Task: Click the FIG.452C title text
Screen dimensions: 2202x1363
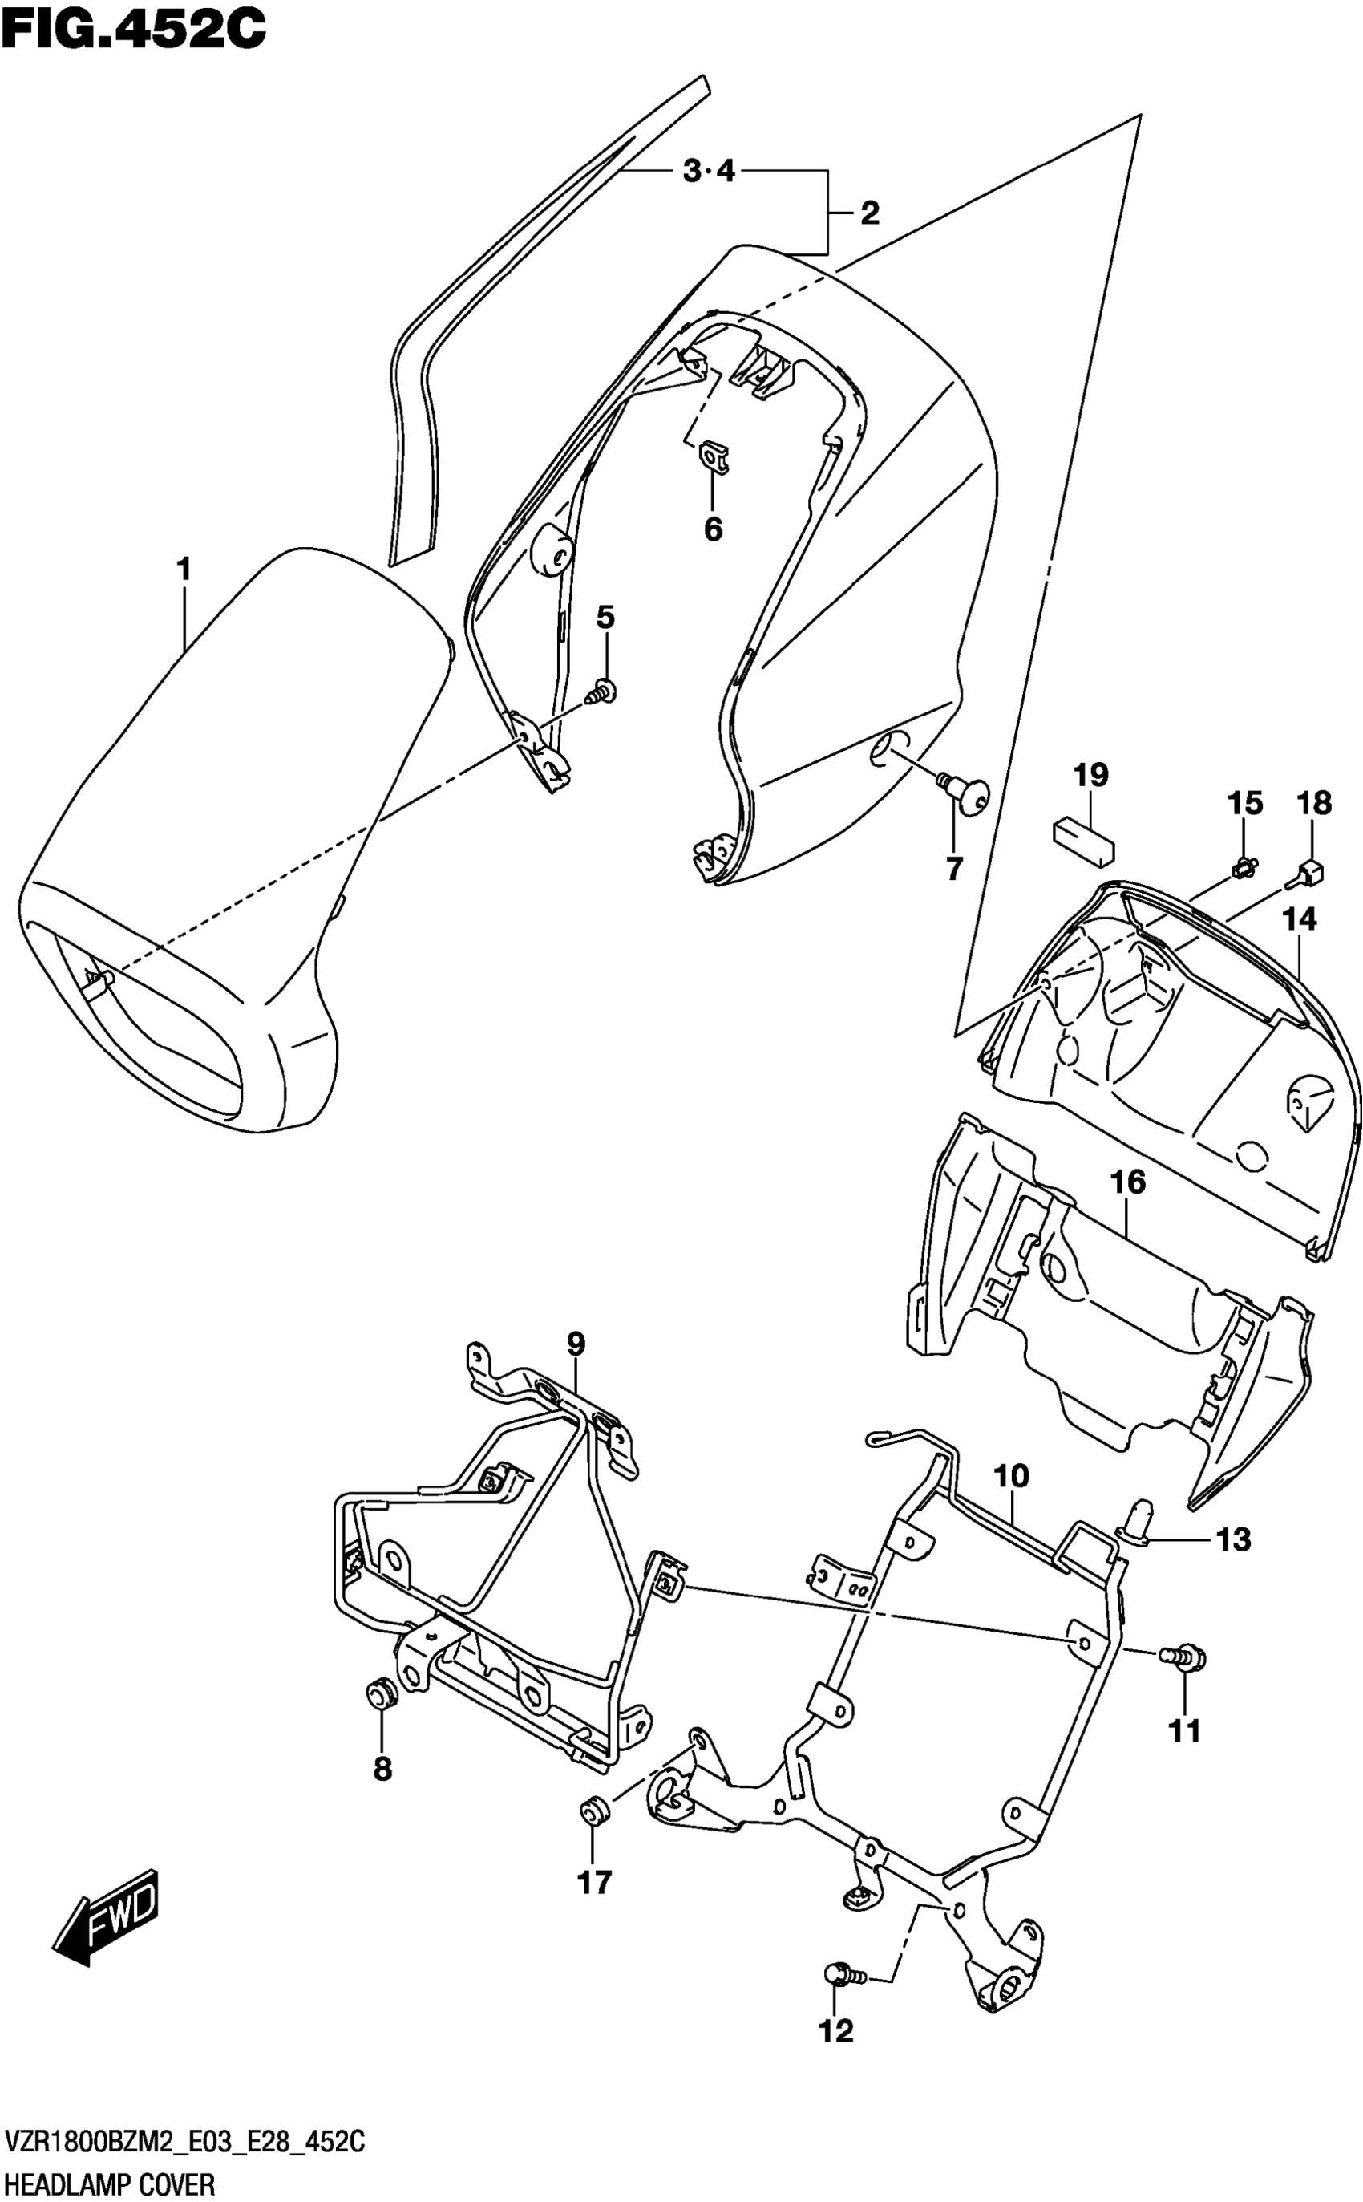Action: click(133, 29)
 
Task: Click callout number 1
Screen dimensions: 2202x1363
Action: click(184, 570)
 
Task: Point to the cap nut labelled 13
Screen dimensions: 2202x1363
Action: click(1139, 1517)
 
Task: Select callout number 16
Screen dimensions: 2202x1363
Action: click(1129, 1182)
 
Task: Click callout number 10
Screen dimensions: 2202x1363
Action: click(1012, 1476)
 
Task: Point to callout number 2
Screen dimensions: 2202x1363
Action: click(869, 213)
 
